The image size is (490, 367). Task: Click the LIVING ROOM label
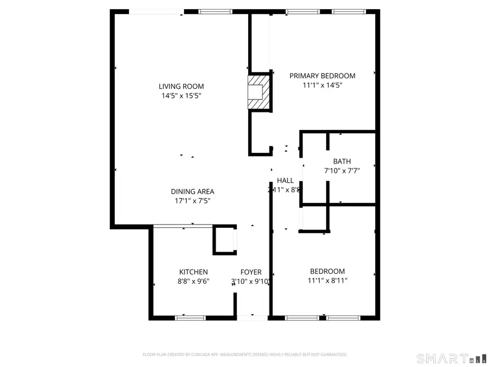181,86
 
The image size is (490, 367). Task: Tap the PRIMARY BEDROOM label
322,76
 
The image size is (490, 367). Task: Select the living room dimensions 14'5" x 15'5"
181,96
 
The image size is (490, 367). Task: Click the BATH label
342,161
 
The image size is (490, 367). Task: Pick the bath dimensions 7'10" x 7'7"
342,170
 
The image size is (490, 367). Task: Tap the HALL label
285,181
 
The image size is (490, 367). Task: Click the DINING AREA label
192,191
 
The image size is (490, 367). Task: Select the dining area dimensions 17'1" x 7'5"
192,201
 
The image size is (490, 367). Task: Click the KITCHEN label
193,272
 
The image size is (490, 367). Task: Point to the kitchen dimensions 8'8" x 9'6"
193,281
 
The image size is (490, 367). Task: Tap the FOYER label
251,272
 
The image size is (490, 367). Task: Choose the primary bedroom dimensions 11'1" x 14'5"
322,85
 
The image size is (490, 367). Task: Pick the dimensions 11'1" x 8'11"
327,281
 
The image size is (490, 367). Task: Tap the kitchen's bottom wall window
190,317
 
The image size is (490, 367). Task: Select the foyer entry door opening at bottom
253,317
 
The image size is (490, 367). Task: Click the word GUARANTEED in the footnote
332,354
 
